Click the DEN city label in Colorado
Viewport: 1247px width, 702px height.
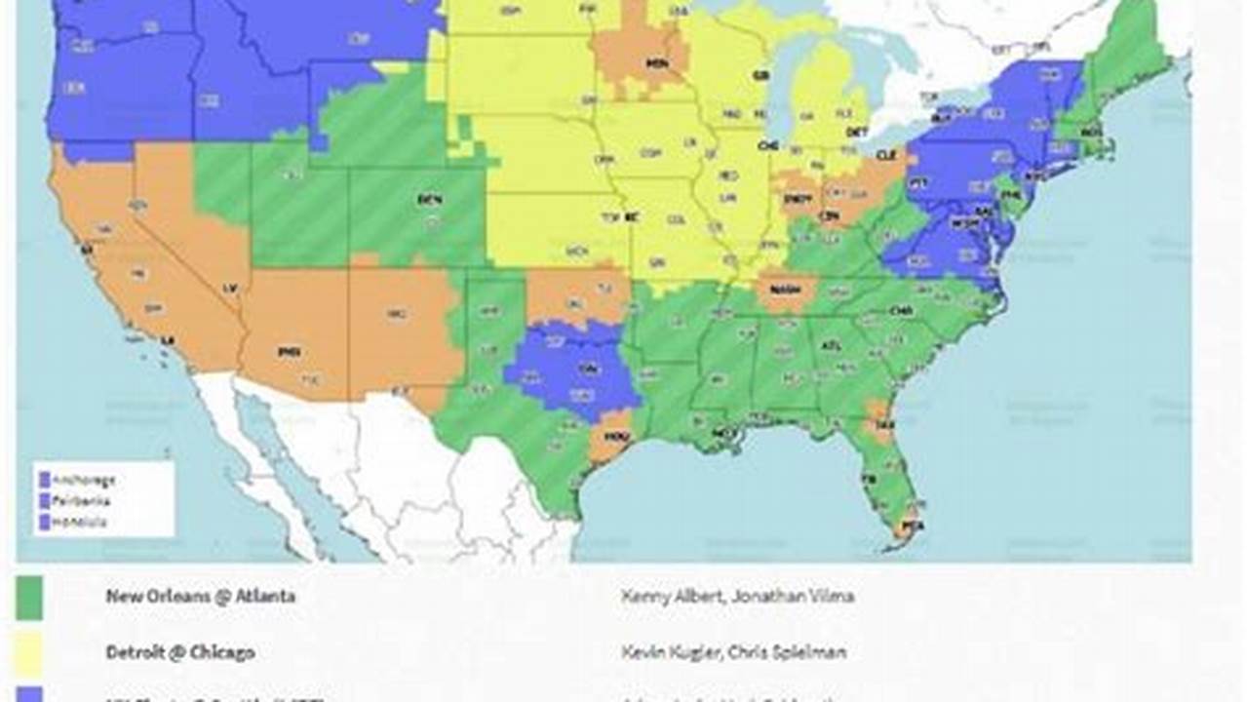pyautogui.click(x=430, y=199)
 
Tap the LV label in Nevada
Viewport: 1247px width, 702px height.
pyautogui.click(x=230, y=289)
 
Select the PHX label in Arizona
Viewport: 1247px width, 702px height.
pyautogui.click(x=289, y=351)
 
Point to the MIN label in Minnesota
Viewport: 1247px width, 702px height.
pyautogui.click(x=657, y=63)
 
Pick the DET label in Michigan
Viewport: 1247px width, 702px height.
pyautogui.click(x=857, y=131)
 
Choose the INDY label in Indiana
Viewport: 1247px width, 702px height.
pyautogui.click(x=797, y=199)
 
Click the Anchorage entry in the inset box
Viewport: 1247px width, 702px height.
pyautogui.click(x=84, y=480)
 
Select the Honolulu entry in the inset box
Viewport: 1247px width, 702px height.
pyautogui.click(x=81, y=522)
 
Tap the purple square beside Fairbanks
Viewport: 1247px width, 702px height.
pyautogui.click(x=44, y=501)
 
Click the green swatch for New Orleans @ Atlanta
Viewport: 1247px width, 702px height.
pyautogui.click(x=29, y=598)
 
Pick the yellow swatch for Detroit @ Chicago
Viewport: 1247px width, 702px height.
pyautogui.click(x=29, y=652)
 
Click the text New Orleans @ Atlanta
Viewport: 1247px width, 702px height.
pyautogui.click(x=200, y=596)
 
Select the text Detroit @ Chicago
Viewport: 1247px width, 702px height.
pyautogui.click(x=180, y=652)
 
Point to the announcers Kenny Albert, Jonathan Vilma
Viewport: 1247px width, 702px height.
pyautogui.click(x=737, y=596)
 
